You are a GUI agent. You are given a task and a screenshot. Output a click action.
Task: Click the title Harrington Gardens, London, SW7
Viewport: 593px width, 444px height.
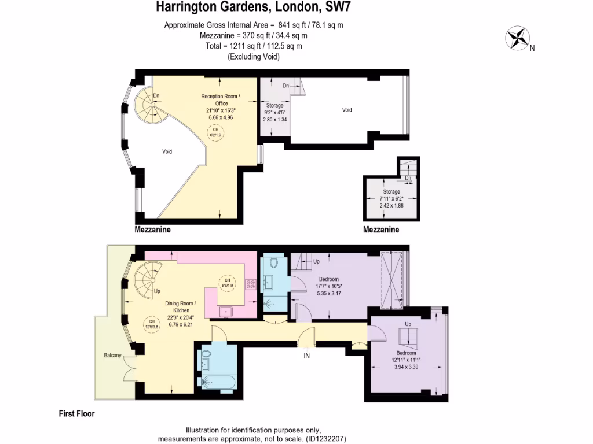click(x=254, y=8)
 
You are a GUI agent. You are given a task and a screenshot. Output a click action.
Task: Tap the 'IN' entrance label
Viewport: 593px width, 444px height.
click(x=306, y=356)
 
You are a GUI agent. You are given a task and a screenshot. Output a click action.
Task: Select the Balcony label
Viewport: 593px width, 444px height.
click(x=113, y=355)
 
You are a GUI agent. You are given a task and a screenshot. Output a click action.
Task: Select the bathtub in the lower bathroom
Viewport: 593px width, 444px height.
click(x=218, y=382)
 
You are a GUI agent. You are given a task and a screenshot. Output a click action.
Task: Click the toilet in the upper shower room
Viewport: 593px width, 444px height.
click(x=273, y=263)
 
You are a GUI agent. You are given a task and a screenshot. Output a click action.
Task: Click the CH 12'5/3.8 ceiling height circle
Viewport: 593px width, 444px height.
click(x=152, y=324)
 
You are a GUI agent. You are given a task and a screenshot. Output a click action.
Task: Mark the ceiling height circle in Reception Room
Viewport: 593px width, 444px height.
click(x=215, y=132)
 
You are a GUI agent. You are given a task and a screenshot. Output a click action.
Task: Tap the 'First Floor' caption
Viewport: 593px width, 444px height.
click(x=76, y=413)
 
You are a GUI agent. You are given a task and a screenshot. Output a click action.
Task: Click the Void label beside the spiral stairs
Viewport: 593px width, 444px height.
click(x=167, y=151)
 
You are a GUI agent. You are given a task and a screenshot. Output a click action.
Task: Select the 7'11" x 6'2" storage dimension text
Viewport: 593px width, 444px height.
click(x=391, y=198)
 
